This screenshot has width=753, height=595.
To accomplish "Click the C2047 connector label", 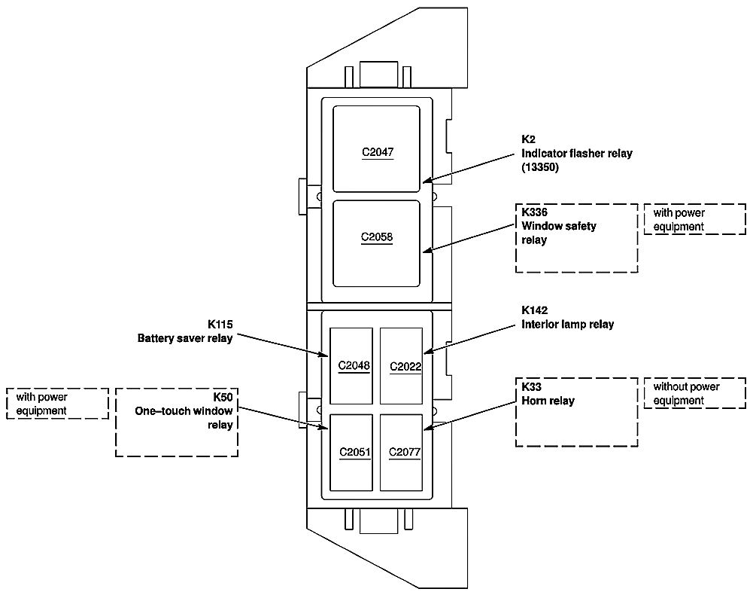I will [377, 152].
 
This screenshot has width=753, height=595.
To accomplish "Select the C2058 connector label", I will [377, 237].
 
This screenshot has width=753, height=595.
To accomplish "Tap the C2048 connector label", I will [354, 366].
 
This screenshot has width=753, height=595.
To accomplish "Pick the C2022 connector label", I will [405, 367].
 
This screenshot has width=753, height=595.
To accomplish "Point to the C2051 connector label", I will [354, 453].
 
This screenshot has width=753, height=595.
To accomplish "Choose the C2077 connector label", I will [404, 453].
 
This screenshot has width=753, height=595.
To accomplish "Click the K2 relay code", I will [528, 139].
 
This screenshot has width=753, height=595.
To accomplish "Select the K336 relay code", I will [534, 213].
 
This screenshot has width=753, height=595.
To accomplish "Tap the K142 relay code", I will [534, 310].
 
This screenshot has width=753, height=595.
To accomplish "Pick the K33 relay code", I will [531, 387].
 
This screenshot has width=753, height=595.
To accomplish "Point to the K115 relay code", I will [220, 325].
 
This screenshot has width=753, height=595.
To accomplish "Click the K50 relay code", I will [223, 397].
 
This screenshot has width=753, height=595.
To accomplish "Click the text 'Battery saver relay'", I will [185, 338].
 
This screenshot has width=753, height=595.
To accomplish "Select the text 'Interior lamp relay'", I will [567, 325].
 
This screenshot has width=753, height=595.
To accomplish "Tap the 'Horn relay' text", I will [548, 401].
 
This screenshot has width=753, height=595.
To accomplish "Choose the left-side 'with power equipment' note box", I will [57, 404].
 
